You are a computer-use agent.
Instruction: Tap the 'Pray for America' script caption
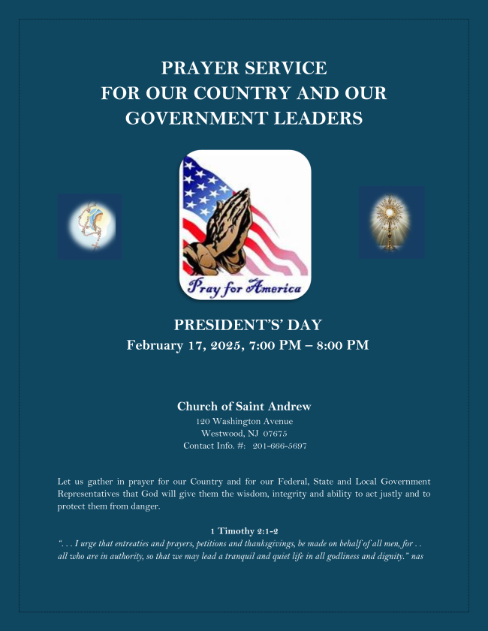pos(245,286)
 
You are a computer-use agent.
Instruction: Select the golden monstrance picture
pos(391,223)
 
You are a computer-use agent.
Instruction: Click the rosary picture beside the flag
pos(89,227)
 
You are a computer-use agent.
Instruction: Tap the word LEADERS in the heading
pos(321,119)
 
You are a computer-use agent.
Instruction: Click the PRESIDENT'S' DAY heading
pos(248,325)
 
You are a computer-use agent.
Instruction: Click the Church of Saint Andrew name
pos(244,407)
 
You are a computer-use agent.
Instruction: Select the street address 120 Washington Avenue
pos(244,421)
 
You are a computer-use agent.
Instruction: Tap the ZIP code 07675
pos(274,433)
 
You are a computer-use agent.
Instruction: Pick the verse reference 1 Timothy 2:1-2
pos(244,531)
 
